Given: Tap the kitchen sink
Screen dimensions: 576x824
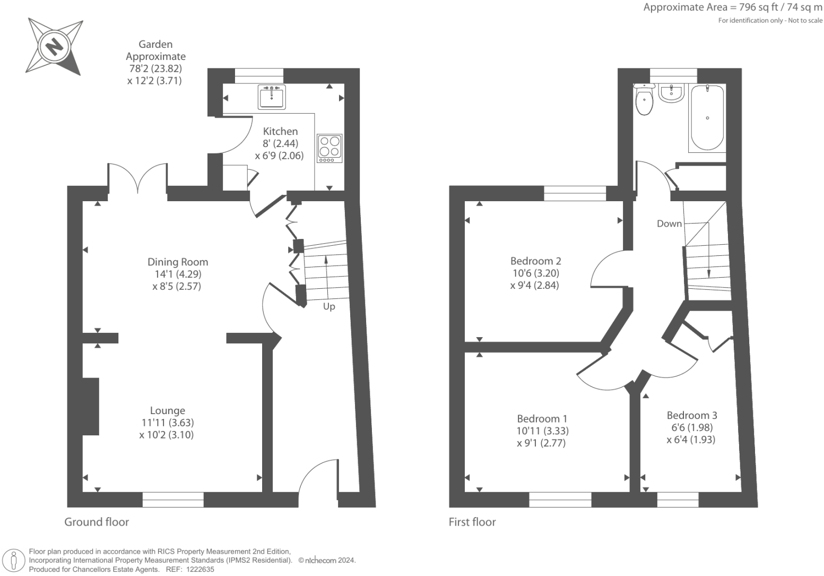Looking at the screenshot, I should [272, 96].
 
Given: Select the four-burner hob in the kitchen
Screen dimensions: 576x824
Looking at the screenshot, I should [329, 148].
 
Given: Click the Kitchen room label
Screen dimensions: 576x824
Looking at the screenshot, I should [280, 131].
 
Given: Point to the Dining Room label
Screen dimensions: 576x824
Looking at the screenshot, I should [178, 262].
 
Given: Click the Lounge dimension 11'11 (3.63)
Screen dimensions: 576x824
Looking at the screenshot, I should [167, 423].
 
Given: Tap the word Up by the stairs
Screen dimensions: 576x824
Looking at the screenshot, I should [329, 306].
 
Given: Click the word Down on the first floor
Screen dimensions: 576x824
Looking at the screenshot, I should [669, 223].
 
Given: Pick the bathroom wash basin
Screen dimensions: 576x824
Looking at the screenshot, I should [671, 93].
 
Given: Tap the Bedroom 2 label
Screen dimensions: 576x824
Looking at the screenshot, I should [535, 261].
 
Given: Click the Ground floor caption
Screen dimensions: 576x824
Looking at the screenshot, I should [97, 522].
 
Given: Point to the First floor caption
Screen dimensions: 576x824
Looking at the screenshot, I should [472, 522].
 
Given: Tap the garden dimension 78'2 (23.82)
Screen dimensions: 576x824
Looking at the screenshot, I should [155, 68].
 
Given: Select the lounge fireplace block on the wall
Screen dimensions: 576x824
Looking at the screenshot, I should [91, 406].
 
